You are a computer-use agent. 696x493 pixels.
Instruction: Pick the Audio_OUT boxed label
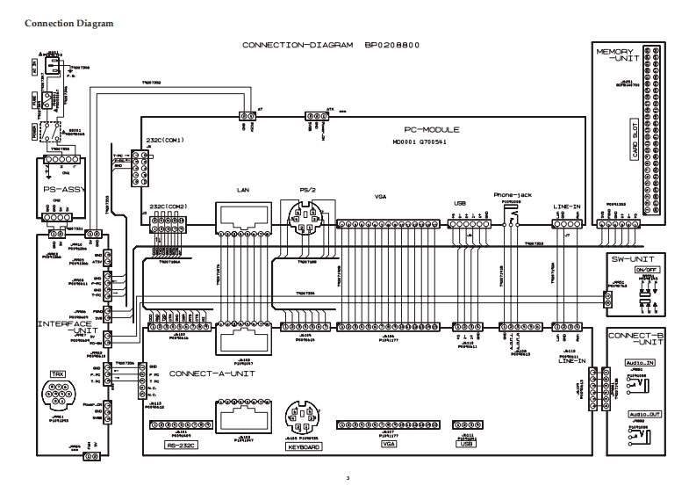tap(644, 413)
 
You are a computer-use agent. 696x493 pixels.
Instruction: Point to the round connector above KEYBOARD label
tap(300, 417)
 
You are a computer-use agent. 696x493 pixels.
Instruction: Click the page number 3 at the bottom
tap(348, 479)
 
